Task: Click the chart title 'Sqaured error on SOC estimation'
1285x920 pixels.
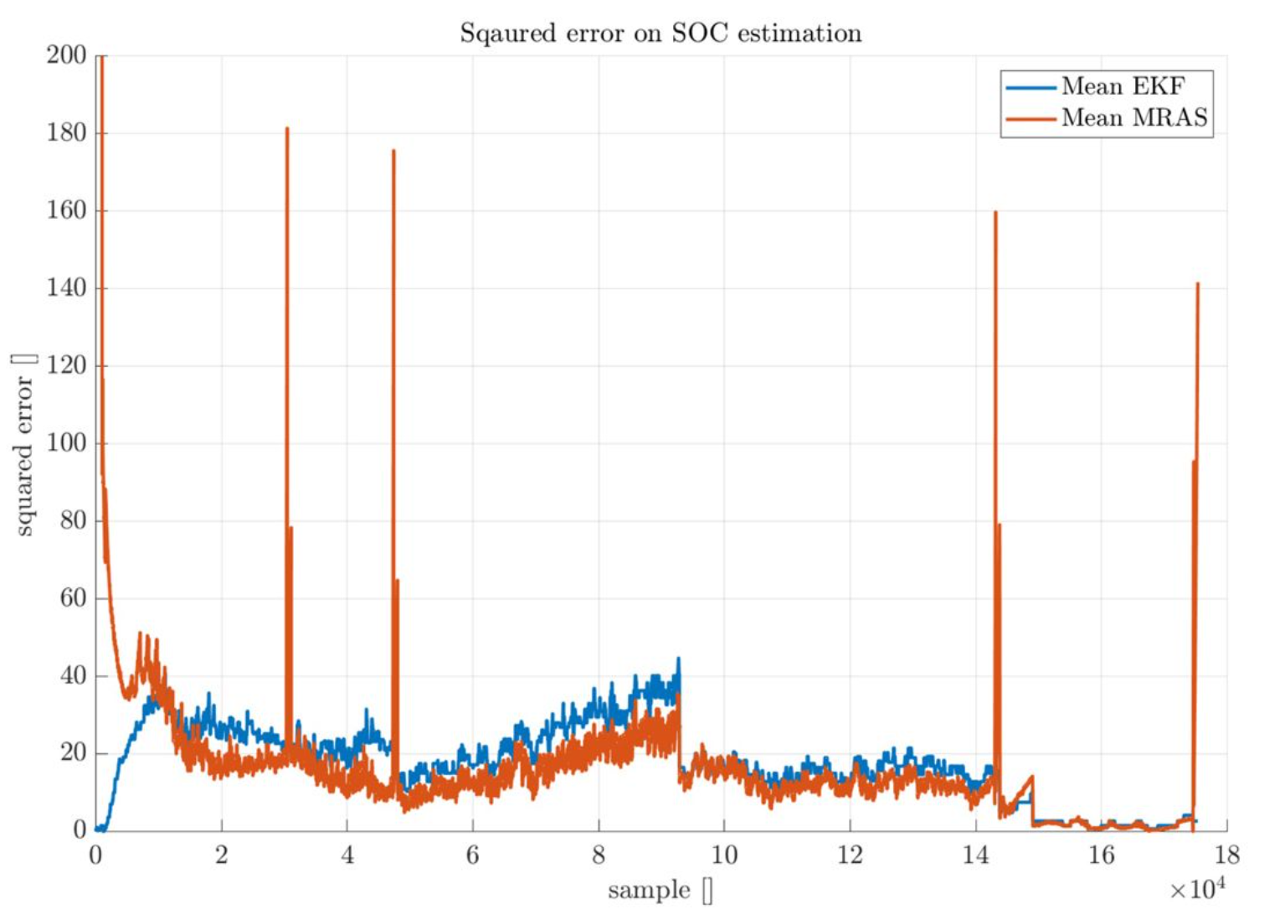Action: click(x=660, y=34)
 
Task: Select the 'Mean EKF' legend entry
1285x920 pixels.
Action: click(x=1123, y=86)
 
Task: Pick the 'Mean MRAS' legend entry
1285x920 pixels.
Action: click(x=1134, y=117)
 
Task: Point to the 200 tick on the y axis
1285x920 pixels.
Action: click(x=67, y=55)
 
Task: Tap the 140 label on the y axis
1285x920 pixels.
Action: click(x=67, y=288)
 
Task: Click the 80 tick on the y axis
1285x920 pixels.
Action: click(x=72, y=521)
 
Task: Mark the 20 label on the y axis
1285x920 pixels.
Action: click(x=72, y=753)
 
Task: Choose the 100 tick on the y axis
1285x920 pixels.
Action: click(x=67, y=443)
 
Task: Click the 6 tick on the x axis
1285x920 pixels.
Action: click(x=473, y=855)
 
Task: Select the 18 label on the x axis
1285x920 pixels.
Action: click(x=1226, y=855)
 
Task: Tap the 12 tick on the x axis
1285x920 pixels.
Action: click(x=850, y=855)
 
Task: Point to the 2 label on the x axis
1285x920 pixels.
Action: click(x=222, y=855)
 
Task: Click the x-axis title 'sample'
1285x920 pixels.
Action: click(x=650, y=890)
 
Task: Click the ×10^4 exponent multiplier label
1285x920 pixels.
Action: click(x=1197, y=888)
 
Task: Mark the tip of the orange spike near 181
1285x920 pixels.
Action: click(x=287, y=128)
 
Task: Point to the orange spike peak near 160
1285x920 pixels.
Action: click(x=995, y=212)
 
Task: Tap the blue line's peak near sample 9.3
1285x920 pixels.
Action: click(x=679, y=659)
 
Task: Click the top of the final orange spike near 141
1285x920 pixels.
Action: click(x=1198, y=284)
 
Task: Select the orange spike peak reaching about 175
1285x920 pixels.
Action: click(x=393, y=151)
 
